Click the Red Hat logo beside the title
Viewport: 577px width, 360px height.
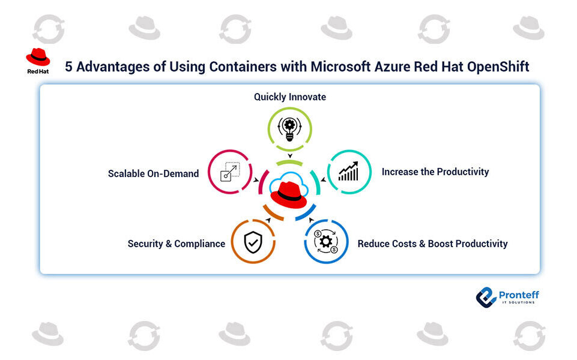[38, 58]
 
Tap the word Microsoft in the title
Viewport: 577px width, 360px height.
[339, 67]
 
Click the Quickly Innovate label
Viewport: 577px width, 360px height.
[290, 97]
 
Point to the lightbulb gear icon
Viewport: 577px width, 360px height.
[290, 128]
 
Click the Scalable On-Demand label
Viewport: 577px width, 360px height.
[153, 173]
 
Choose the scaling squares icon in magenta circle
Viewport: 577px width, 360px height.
[230, 172]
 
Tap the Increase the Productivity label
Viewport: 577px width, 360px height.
[435, 172]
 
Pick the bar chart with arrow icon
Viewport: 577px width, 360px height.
[349, 172]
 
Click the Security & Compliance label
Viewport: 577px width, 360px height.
[177, 244]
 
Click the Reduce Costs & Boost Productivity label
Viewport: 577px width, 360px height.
[432, 244]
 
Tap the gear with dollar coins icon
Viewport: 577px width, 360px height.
[326, 241]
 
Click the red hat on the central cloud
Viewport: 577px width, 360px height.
[289, 194]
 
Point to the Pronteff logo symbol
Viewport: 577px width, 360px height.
[486, 297]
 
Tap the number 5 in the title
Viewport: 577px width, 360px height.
[68, 67]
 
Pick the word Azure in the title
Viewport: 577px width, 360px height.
[393, 67]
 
